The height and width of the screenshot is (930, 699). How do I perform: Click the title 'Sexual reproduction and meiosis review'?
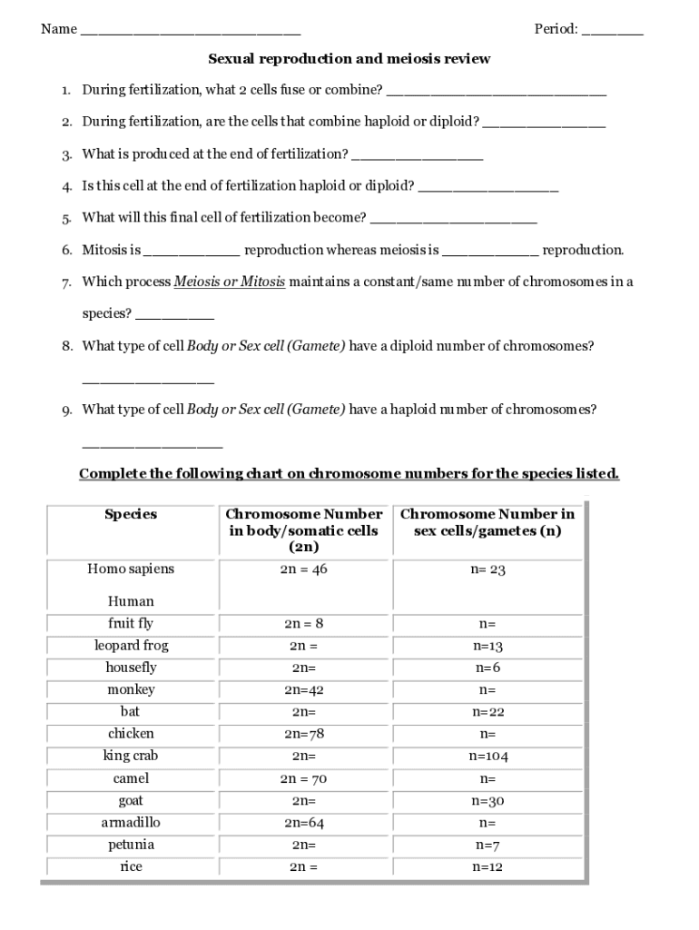pyautogui.click(x=349, y=59)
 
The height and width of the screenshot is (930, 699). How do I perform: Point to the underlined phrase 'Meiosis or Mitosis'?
pyautogui.click(x=230, y=282)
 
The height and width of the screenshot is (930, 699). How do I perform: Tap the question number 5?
pyautogui.click(x=67, y=218)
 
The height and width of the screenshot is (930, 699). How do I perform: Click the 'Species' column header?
pyautogui.click(x=131, y=514)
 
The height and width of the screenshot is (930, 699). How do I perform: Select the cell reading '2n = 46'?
pyautogui.click(x=304, y=569)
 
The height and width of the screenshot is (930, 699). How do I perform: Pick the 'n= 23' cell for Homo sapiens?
pyautogui.click(x=487, y=569)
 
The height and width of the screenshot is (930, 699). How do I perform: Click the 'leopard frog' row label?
pyautogui.click(x=131, y=646)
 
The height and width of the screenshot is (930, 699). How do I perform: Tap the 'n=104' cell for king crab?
pyautogui.click(x=487, y=757)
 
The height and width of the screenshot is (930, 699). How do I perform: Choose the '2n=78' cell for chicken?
pyautogui.click(x=304, y=734)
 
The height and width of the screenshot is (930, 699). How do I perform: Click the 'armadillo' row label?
pyautogui.click(x=131, y=823)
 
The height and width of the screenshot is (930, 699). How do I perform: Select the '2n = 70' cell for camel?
pyautogui.click(x=304, y=778)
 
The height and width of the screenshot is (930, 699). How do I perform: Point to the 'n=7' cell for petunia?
pyautogui.click(x=487, y=845)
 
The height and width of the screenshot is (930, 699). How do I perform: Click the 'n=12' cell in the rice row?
pyautogui.click(x=487, y=867)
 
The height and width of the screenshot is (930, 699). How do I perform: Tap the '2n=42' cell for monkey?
pyautogui.click(x=304, y=690)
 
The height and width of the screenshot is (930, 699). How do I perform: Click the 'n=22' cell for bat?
pyautogui.click(x=487, y=712)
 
